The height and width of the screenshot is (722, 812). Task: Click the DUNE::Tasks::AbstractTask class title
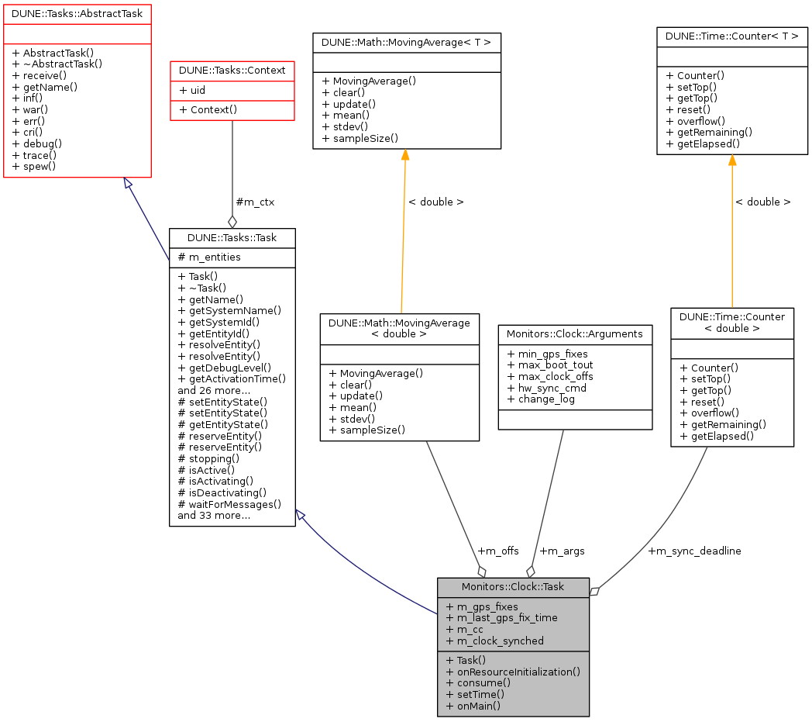pos(77,13)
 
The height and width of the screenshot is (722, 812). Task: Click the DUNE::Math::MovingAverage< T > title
pos(407,43)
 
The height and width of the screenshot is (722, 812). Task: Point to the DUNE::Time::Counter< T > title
pos(732,36)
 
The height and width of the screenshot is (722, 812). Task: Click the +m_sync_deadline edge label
pos(694,551)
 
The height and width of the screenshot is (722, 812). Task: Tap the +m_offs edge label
pos(498,551)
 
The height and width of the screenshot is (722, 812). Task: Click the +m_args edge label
pos(562,551)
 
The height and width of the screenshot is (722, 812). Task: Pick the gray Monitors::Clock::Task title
pos(513,587)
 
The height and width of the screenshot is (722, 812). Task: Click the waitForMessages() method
pos(229,504)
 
